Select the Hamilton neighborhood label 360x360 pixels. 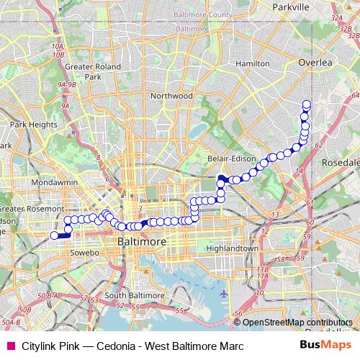coord(232,63)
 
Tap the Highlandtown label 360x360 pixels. coord(232,248)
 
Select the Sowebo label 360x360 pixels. coord(84,253)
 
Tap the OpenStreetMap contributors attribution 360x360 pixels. coord(297,323)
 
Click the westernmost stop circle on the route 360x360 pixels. coord(54,235)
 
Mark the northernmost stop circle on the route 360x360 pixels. coord(307,104)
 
